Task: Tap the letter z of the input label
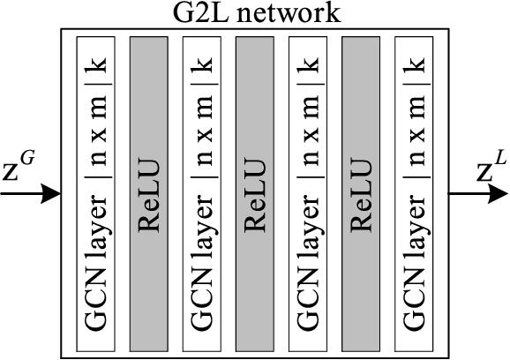[x=11, y=173]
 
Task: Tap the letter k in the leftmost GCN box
[x=94, y=65]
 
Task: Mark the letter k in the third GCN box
[x=307, y=65]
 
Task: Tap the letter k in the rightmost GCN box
[x=413, y=65]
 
